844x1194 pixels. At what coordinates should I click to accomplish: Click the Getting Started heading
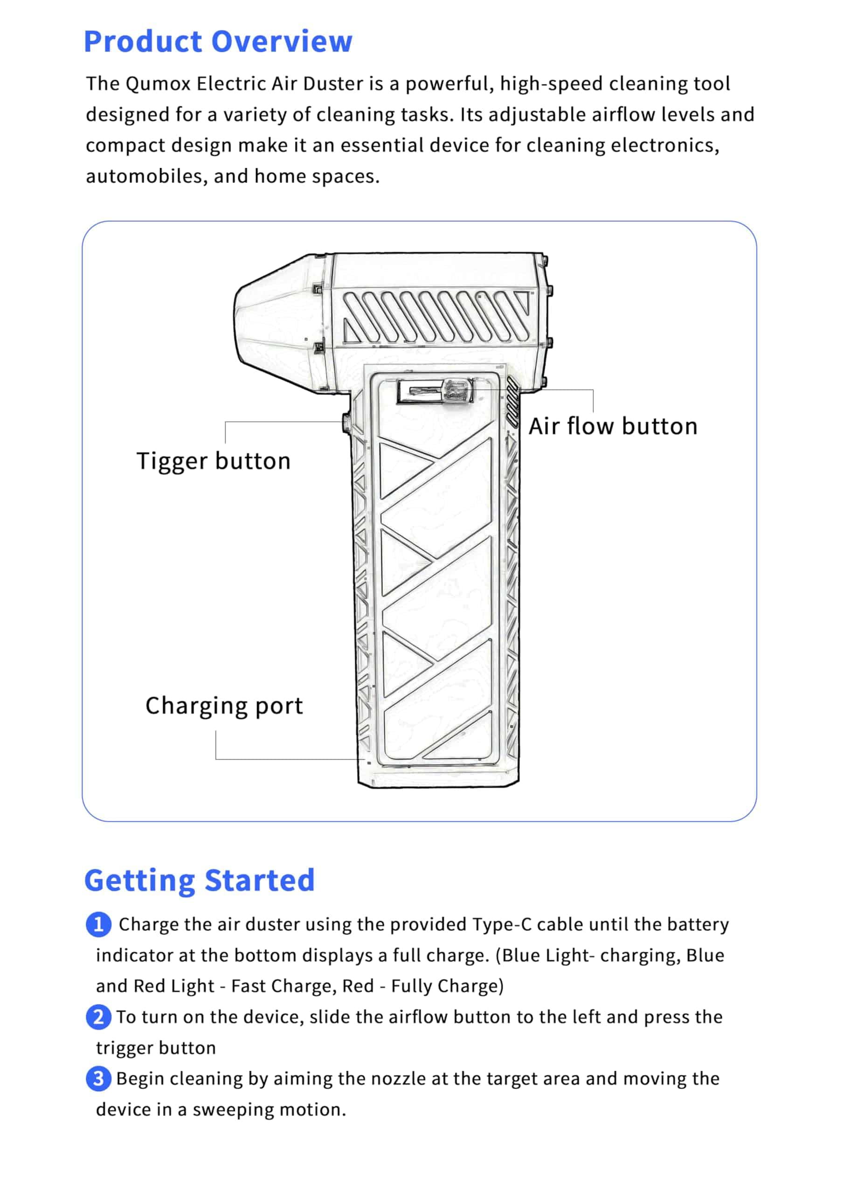pyautogui.click(x=200, y=881)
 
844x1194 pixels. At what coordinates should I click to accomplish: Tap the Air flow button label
pyautogui.click(x=613, y=426)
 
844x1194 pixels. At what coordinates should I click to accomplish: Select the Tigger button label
pyautogui.click(x=213, y=461)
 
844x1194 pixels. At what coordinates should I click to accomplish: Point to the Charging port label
pyautogui.click(x=224, y=706)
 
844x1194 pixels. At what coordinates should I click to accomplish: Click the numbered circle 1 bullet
pyautogui.click(x=98, y=924)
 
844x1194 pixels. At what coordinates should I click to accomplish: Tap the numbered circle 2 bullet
pyautogui.click(x=98, y=1017)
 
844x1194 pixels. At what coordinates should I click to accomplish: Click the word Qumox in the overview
pyautogui.click(x=158, y=84)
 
